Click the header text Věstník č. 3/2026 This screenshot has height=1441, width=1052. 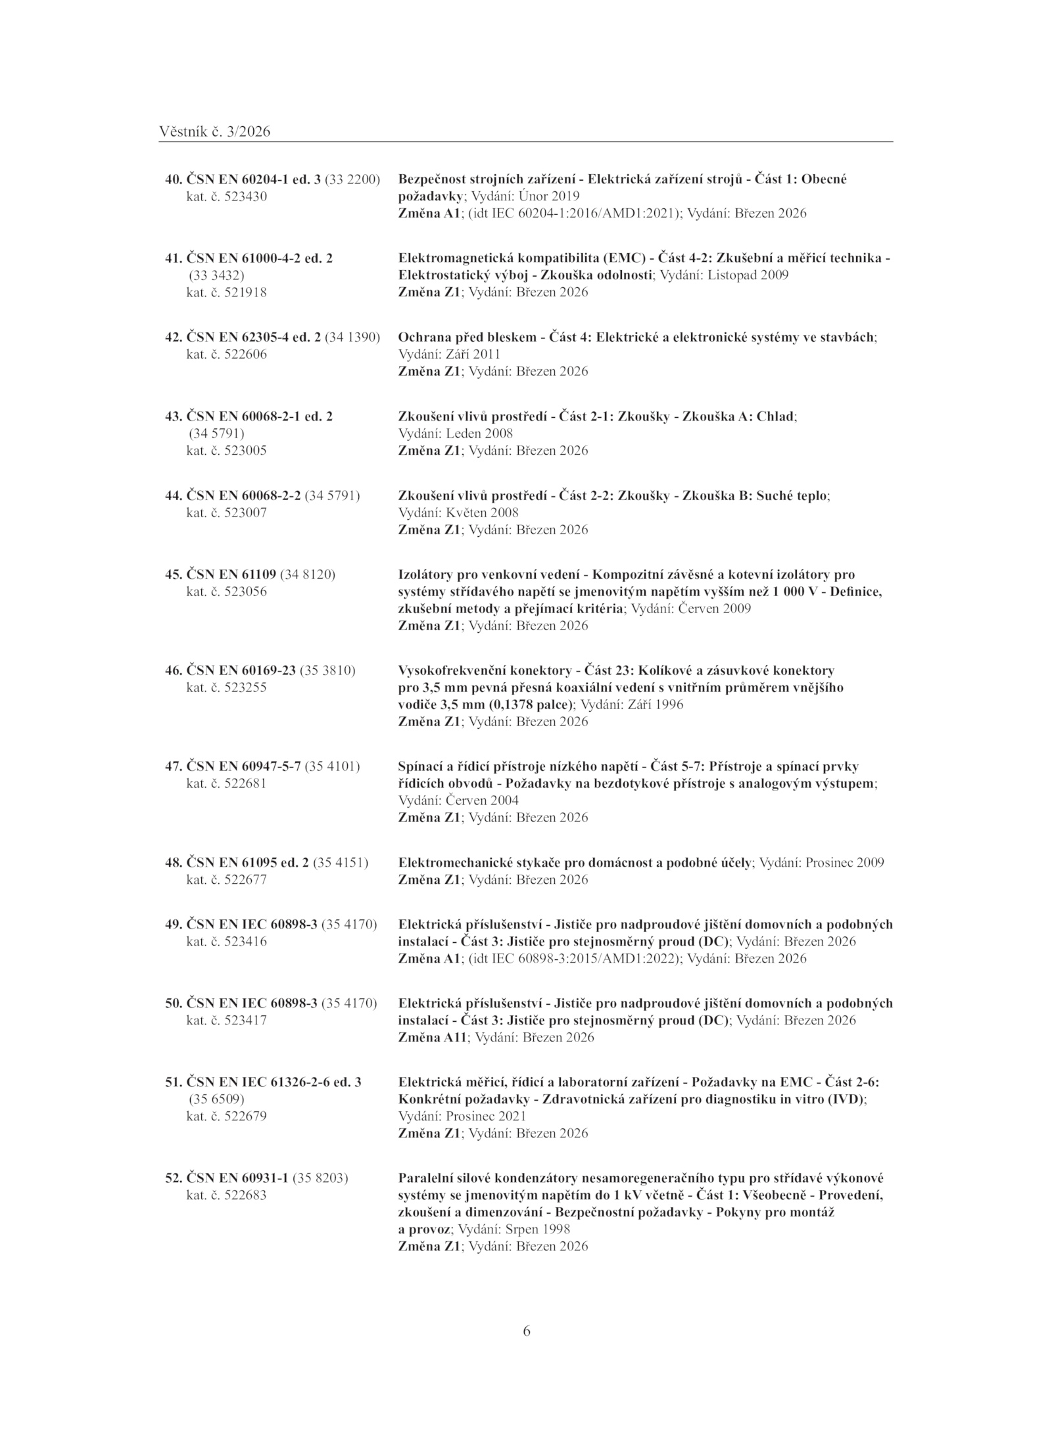tap(214, 132)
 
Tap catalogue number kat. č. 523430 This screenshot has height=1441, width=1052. tap(227, 196)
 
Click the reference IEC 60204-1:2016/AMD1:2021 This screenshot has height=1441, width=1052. tap(575, 214)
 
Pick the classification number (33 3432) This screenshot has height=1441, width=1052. tap(216, 275)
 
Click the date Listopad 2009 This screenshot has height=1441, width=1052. tap(748, 275)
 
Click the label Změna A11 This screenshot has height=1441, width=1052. tap(433, 1038)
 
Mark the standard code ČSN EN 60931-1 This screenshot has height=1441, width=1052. tap(238, 1178)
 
